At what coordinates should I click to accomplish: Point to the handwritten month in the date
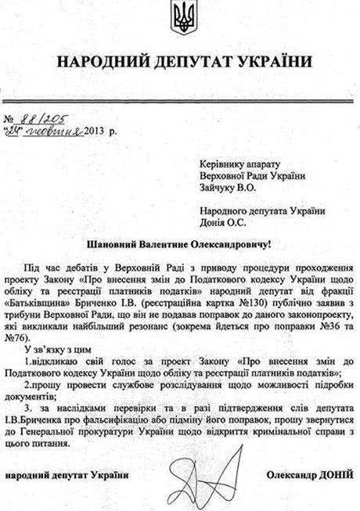pyautogui.click(x=56, y=130)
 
